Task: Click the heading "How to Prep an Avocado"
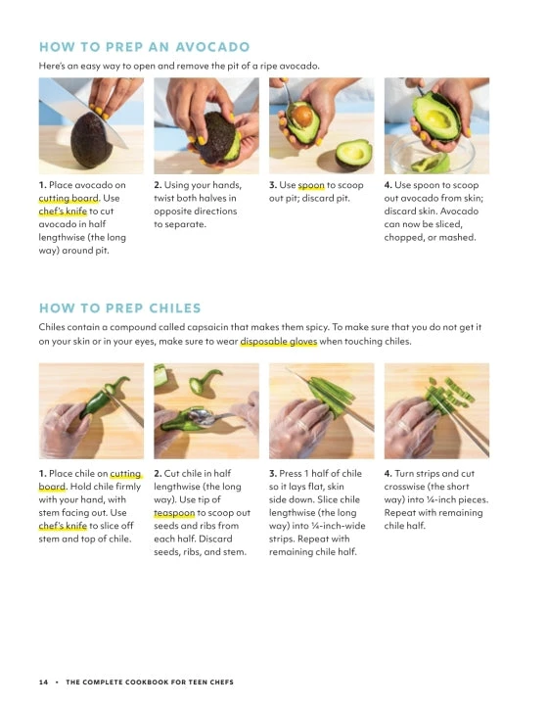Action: [144, 47]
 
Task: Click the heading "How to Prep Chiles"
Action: [120, 308]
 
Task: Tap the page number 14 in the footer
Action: [43, 682]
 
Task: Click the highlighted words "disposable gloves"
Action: [279, 342]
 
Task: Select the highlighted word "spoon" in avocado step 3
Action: [311, 185]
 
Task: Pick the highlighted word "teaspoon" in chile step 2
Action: [174, 512]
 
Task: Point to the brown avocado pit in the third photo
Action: [302, 116]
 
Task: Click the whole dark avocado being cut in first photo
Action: [91, 140]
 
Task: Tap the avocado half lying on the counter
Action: [354, 155]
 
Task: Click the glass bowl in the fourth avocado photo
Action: [432, 156]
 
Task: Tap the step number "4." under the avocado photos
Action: [388, 185]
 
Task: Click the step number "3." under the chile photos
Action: [273, 474]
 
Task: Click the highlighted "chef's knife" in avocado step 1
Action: [63, 211]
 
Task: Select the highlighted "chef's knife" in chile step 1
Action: [63, 526]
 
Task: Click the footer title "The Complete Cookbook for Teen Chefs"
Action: [150, 682]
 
